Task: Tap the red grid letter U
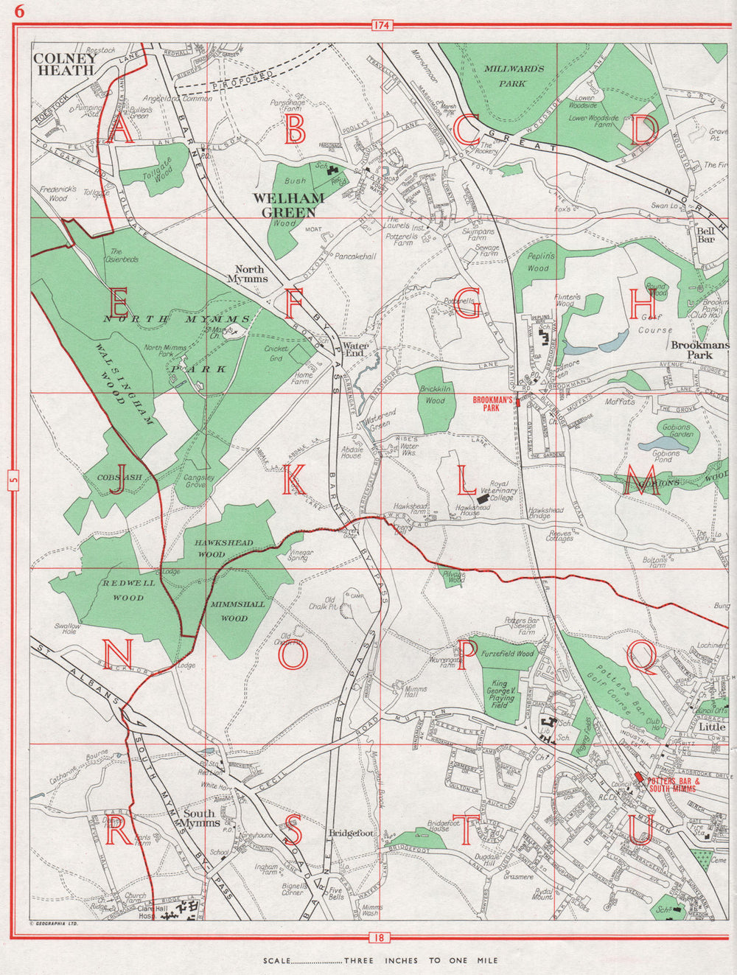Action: (638, 832)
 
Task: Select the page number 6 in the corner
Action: (18, 11)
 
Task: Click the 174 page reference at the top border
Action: (380, 26)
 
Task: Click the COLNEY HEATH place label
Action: (64, 63)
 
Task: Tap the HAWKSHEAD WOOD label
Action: (224, 548)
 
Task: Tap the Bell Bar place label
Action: (706, 235)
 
